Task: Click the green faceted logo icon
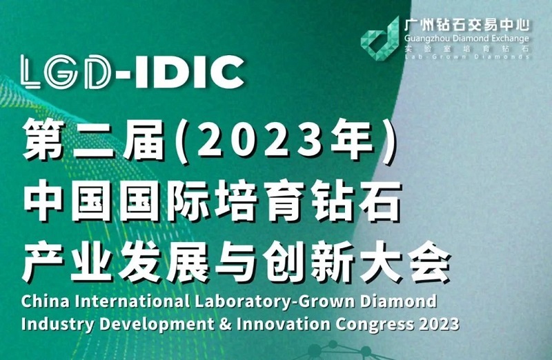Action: pyautogui.click(x=380, y=39)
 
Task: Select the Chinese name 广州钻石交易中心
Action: pyautogui.click(x=467, y=25)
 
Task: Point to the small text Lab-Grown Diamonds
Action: pyautogui.click(x=467, y=57)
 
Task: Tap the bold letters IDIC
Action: pyautogui.click(x=189, y=72)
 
